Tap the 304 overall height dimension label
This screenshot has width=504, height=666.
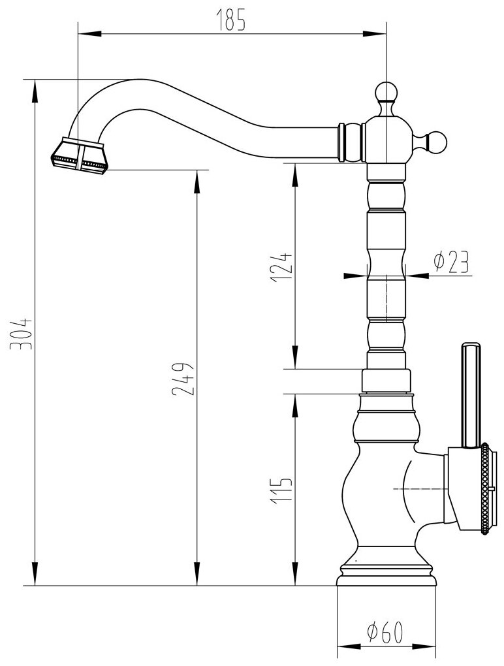coord(23,333)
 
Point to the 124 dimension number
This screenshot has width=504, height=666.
coord(279,266)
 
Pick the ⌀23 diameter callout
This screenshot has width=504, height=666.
coord(451,261)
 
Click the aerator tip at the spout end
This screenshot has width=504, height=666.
coord(79,157)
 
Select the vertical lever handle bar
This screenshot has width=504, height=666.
coord(471,394)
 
